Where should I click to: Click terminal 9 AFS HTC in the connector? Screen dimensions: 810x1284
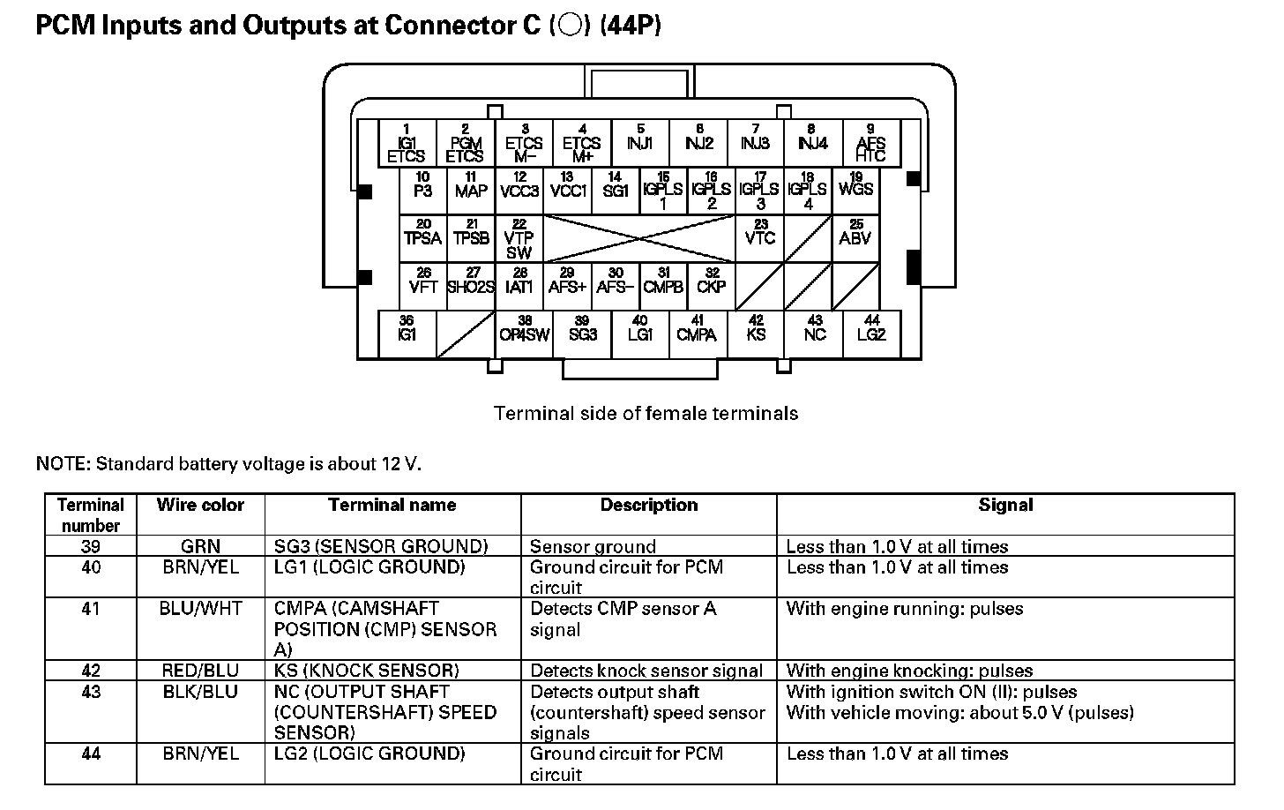[870, 143]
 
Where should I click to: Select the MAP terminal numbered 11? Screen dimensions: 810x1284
[471, 191]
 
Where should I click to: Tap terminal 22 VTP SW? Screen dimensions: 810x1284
[519, 239]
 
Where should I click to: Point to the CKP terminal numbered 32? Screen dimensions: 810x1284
[711, 287]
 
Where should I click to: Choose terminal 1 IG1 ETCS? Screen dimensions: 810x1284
[407, 143]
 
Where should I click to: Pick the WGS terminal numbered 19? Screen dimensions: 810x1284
[855, 191]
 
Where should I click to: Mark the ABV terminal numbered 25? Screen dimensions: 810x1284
[855, 238]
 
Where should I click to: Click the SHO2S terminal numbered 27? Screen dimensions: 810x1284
[471, 287]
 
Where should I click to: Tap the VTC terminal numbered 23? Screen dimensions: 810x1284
[759, 238]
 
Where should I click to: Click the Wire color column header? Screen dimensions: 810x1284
[200, 506]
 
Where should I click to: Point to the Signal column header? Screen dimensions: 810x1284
[1005, 506]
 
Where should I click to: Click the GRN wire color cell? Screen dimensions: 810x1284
[200, 547]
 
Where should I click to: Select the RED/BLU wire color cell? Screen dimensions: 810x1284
[200, 671]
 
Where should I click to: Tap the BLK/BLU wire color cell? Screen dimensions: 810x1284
[200, 692]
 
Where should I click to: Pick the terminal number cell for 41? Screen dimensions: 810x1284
[91, 609]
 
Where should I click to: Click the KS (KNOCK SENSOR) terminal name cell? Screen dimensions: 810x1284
[367, 671]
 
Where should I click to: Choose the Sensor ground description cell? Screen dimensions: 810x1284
[593, 547]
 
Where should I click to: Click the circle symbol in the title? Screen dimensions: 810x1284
[570, 26]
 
